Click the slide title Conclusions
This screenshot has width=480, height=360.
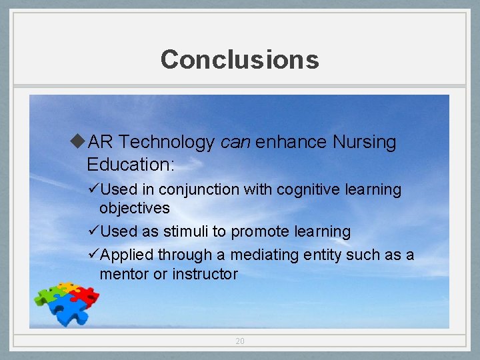[239, 59]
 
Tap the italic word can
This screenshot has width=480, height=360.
[235, 142]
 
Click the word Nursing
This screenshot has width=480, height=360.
[363, 142]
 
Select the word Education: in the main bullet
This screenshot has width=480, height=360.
[130, 165]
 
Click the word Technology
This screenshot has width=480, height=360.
[167, 142]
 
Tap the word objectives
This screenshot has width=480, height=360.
[135, 208]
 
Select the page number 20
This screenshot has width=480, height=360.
[240, 341]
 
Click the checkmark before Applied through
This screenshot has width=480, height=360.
[93, 254]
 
